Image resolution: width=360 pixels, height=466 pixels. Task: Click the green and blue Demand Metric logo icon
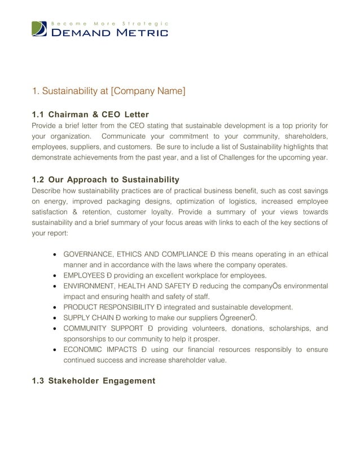tap(39, 29)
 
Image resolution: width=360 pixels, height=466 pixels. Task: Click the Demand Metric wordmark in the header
tap(109, 33)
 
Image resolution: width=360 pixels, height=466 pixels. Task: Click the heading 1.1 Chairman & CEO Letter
tap(90, 115)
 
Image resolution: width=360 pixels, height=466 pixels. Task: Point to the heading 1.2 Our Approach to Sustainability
tap(106, 179)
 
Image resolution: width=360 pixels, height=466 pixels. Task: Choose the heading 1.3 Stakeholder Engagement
tap(93, 381)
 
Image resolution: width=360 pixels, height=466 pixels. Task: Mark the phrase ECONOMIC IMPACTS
tap(99, 350)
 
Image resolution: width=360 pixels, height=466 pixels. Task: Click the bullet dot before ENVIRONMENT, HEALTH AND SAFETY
tap(55, 286)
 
